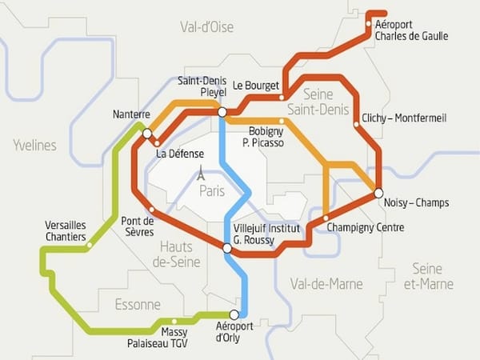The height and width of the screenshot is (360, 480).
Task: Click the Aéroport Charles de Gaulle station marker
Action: point(368,24)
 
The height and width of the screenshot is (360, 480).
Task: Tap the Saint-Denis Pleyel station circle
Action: point(222,113)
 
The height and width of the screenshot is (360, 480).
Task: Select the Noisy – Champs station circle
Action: point(378,192)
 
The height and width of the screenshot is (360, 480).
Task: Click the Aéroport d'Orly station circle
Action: point(234,314)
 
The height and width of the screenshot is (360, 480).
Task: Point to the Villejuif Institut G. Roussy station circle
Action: point(227,249)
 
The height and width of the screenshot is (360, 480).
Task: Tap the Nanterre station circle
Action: point(146,134)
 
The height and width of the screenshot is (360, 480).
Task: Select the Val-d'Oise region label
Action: point(206,27)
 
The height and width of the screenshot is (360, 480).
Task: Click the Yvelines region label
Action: point(34,145)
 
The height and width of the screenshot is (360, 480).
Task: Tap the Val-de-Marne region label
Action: point(326,284)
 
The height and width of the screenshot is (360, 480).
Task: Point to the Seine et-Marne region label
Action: point(429,276)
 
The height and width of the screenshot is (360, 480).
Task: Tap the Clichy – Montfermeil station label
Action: point(404,118)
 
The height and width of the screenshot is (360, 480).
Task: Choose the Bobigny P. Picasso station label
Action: point(266,136)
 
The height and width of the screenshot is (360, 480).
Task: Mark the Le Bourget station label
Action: point(256,85)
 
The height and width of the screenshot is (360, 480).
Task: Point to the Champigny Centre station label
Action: point(366,228)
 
